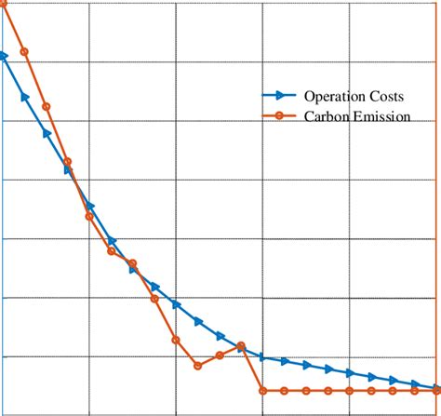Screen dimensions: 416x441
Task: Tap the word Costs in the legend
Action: click(x=387, y=96)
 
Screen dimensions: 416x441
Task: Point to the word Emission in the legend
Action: click(x=379, y=116)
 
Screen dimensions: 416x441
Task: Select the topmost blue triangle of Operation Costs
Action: click(x=4, y=56)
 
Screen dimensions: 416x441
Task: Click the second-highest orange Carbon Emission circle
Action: click(x=24, y=52)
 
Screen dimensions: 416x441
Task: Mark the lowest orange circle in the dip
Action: click(x=197, y=366)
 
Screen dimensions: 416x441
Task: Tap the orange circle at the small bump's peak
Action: click(x=241, y=346)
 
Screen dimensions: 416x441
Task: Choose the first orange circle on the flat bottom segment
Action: click(x=262, y=391)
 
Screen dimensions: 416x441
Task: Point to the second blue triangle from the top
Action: click(x=25, y=96)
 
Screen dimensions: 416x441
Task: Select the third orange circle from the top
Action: click(x=46, y=106)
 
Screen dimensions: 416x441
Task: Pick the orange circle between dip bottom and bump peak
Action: click(x=220, y=355)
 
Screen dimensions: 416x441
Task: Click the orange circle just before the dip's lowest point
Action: click(x=176, y=340)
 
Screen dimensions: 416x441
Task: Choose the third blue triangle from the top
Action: click(x=47, y=133)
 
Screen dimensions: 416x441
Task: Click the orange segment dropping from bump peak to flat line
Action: click(x=252, y=369)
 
